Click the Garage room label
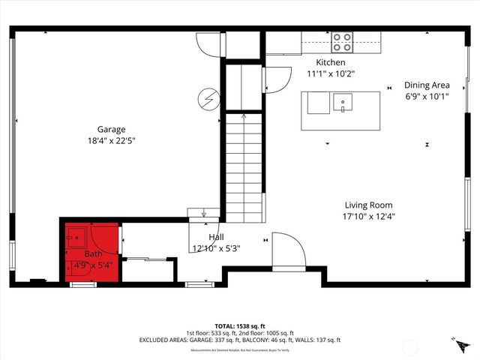point(110,129)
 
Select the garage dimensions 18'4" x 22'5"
point(110,140)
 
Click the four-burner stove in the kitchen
point(343,40)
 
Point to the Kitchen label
point(331,63)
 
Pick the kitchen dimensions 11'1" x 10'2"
point(331,73)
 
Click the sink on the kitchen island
point(343,102)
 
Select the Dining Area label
point(427,85)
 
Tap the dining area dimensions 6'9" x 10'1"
point(427,96)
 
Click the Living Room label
point(368,205)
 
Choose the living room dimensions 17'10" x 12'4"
point(368,216)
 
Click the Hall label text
point(205,237)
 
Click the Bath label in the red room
point(93,254)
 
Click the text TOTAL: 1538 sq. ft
point(240,326)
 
